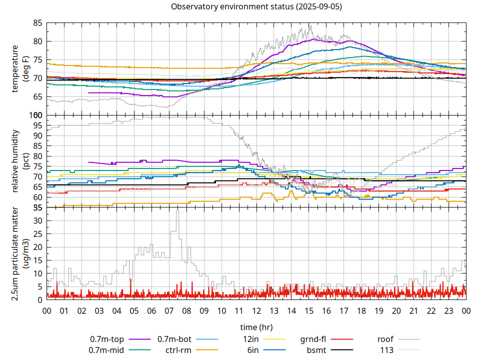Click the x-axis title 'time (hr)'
pyautogui.click(x=256, y=327)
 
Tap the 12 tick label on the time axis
pyautogui.click(x=256, y=311)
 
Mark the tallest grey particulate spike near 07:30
pyautogui.click(x=177, y=211)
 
